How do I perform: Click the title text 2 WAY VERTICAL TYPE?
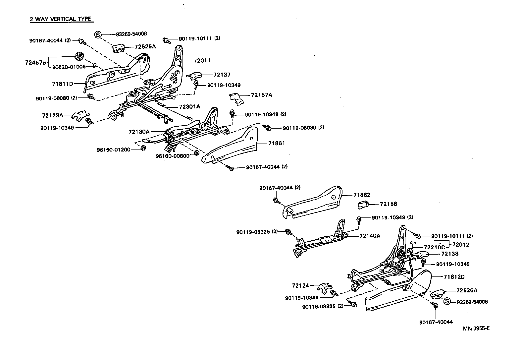pyautogui.click(x=60, y=19)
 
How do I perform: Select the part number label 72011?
pyautogui.click(x=202, y=61)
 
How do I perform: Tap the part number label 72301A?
pyautogui.click(x=189, y=107)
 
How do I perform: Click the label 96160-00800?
pyautogui.click(x=173, y=155)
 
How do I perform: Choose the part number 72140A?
pyautogui.click(x=370, y=236)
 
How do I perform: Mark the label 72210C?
pyautogui.click(x=435, y=247)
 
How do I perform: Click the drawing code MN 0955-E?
pyautogui.click(x=476, y=329)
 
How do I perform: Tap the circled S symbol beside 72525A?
pyautogui.click(x=98, y=34)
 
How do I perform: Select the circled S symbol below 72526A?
pyautogui.click(x=447, y=301)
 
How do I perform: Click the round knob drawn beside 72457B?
pyautogui.click(x=79, y=56)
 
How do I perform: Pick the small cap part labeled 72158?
pyautogui.click(x=363, y=205)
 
